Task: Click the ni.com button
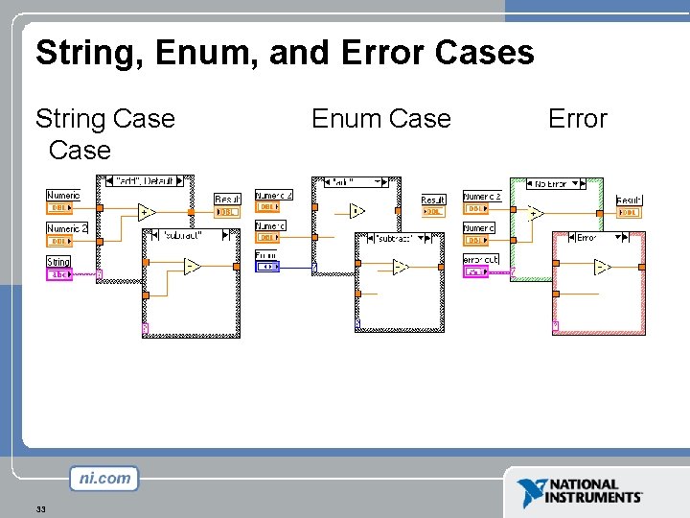(103, 478)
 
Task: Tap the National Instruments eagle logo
(530, 492)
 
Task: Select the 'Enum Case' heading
(380, 119)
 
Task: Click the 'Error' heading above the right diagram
(577, 119)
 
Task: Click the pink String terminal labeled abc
(58, 274)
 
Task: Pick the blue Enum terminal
(266, 266)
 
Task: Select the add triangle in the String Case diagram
(146, 212)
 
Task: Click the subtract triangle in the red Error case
(602, 267)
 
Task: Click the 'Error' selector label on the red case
(586, 237)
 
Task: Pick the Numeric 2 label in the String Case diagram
(67, 228)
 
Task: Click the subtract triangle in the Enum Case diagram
(401, 267)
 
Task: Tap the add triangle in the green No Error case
(534, 213)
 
